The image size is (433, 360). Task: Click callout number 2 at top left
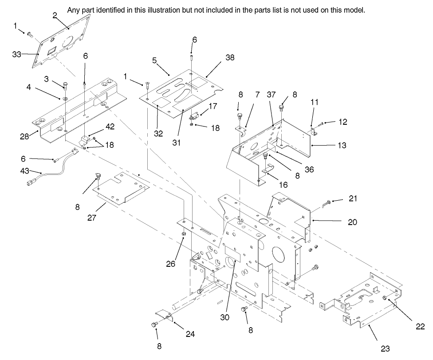pyautogui.click(x=55, y=15)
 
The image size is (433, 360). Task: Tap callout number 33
pyautogui.click(x=16, y=54)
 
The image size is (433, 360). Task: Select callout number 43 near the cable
pyautogui.click(x=25, y=170)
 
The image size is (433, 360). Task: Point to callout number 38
pyautogui.click(x=229, y=57)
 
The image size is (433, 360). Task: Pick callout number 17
pyautogui.click(x=213, y=107)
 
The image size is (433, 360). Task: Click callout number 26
pyautogui.click(x=171, y=264)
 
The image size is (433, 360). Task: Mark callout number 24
pyautogui.click(x=190, y=333)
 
